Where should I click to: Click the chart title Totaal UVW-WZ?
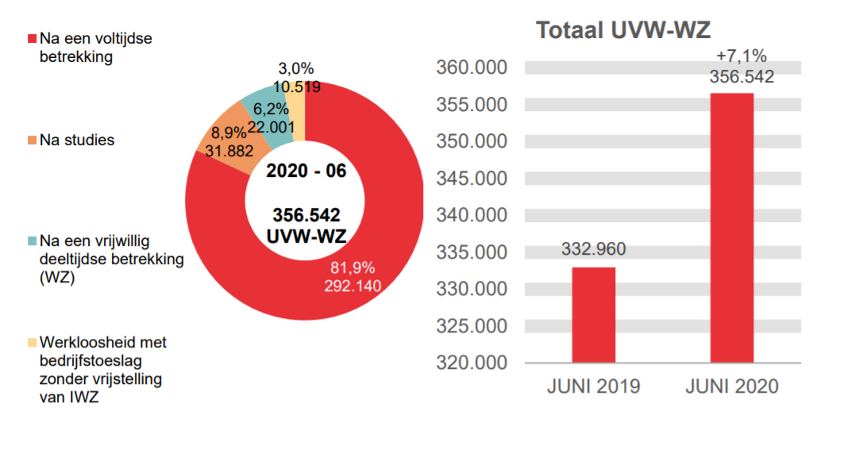pyautogui.click(x=623, y=30)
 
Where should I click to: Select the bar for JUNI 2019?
pyautogui.click(x=593, y=314)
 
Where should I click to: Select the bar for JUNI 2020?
pyautogui.click(x=731, y=228)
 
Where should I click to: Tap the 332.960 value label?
pyautogui.click(x=593, y=249)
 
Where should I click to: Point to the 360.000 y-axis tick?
pyautogui.click(x=472, y=68)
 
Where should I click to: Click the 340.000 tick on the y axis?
pyautogui.click(x=472, y=215)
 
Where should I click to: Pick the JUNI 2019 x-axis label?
pyautogui.click(x=593, y=387)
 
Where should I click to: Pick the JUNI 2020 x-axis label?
pyautogui.click(x=732, y=387)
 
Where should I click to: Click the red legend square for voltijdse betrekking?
pyautogui.click(x=32, y=39)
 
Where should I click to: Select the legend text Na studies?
pyautogui.click(x=77, y=140)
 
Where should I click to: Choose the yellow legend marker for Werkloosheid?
pyautogui.click(x=32, y=343)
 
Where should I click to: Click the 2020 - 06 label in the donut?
pyautogui.click(x=306, y=171)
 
